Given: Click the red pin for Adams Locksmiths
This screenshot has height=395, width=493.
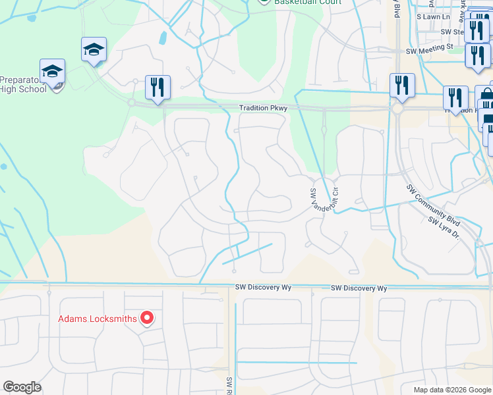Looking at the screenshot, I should [147, 319].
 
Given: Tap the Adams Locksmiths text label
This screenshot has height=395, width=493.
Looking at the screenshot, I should [98, 319].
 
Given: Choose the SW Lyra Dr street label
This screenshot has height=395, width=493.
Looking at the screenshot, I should [443, 228].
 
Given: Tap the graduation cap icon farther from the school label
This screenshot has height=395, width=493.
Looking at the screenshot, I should [94, 49].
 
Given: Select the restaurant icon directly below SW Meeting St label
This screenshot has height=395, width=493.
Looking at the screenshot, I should [402, 85].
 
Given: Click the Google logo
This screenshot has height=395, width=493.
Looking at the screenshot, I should [22, 387].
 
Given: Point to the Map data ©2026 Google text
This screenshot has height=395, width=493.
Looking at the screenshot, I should [451, 390].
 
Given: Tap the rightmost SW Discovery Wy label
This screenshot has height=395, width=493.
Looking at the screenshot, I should [359, 288].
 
